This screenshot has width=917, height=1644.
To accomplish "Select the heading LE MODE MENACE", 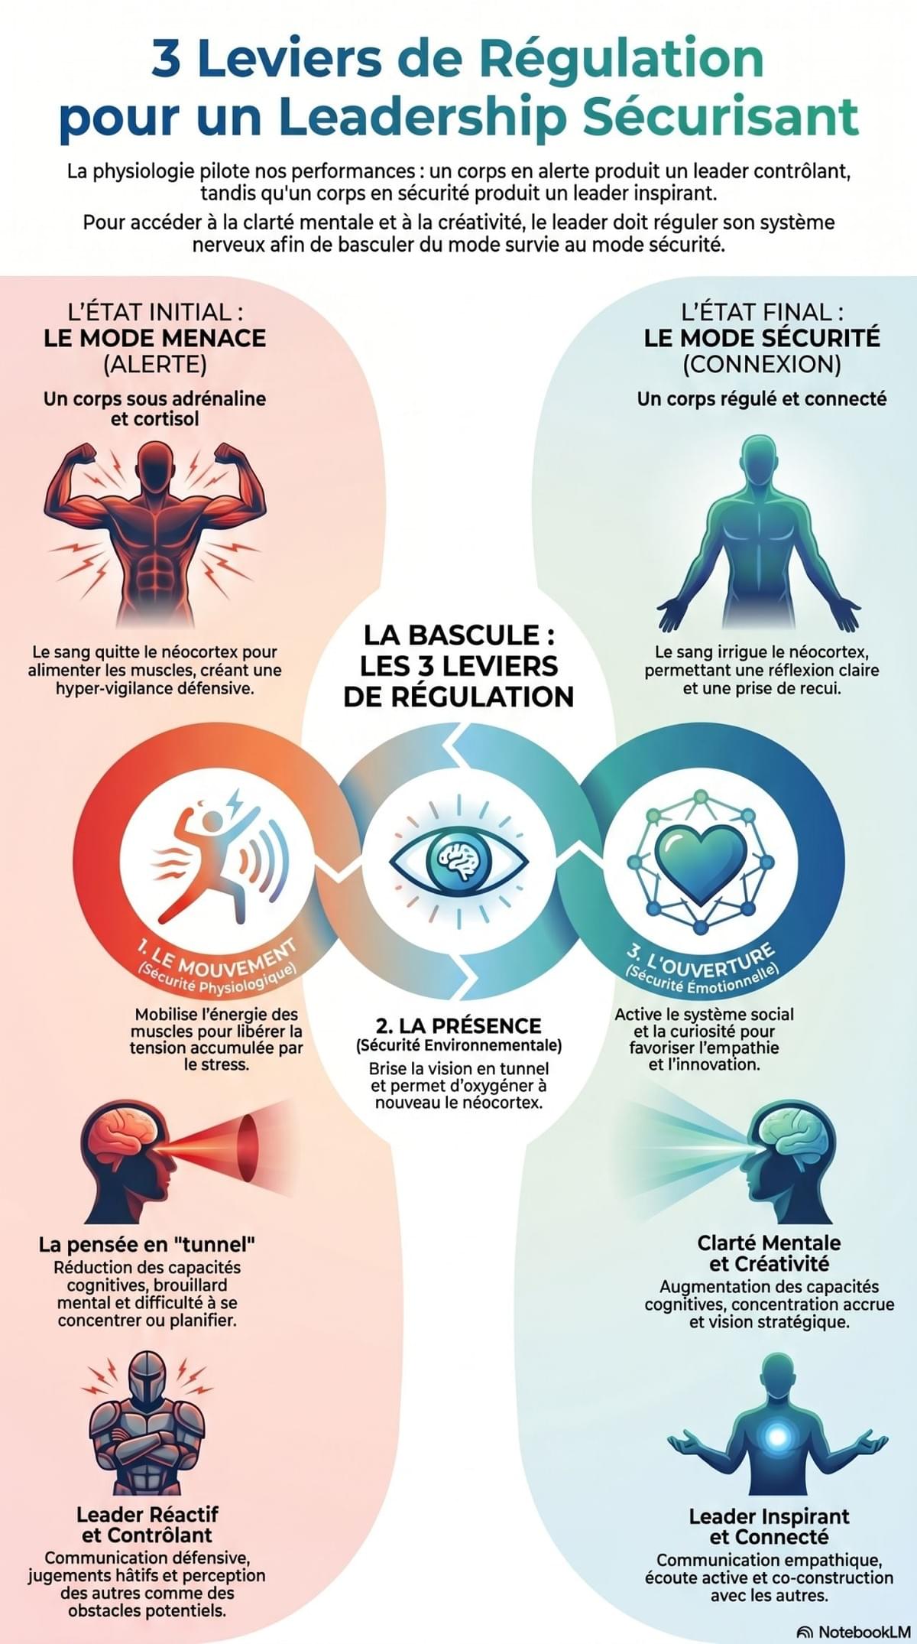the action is (x=155, y=338).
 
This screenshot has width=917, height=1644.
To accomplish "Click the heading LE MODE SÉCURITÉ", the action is (x=762, y=338).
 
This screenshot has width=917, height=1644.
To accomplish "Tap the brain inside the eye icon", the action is (x=458, y=860).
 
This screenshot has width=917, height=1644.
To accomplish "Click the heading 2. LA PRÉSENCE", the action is (x=458, y=1026).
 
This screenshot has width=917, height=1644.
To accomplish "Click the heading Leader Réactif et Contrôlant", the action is (x=147, y=1525).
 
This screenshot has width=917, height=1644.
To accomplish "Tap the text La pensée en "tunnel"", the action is (x=147, y=1244).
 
